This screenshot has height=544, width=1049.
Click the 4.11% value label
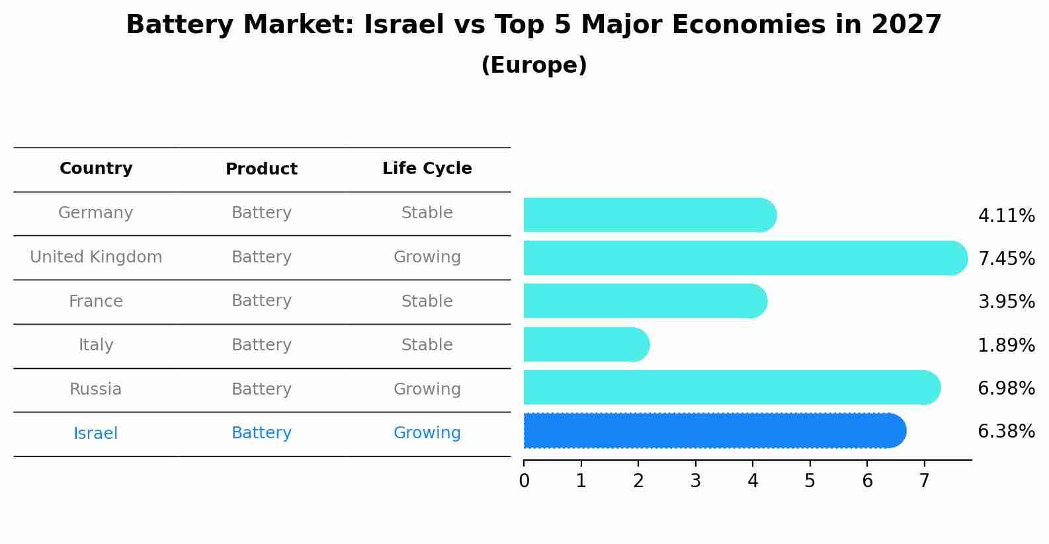1006,216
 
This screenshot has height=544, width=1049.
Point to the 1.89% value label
1006,345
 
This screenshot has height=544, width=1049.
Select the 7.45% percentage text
1006,258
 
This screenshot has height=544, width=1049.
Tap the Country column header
96,169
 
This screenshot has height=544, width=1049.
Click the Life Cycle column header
427,169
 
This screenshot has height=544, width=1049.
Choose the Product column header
261,169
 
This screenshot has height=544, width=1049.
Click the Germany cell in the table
96,213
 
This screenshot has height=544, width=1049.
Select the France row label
96,301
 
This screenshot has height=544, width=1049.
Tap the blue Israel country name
96,434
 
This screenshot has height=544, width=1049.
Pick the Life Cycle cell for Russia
427,389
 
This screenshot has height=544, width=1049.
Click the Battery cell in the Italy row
261,345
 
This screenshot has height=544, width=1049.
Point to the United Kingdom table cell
96,257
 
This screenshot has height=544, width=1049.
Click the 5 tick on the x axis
810,481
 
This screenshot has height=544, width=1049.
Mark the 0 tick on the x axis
524,481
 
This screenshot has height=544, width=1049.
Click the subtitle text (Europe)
534,65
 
